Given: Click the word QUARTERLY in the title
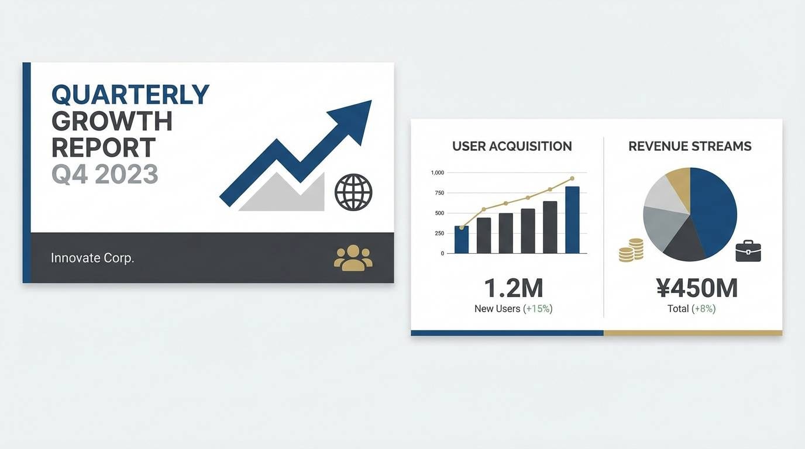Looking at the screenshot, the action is point(130,95).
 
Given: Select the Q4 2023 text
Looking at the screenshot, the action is point(105,174).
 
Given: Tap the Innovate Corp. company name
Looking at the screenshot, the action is point(92,258).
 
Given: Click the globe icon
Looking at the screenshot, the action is point(353,192).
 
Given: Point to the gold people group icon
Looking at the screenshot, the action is point(353,258).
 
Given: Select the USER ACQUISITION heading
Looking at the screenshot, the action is point(512,146).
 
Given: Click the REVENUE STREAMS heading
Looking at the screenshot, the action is point(690,146).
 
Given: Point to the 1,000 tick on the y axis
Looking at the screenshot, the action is point(438,173).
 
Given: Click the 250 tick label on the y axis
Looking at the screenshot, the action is point(439,233).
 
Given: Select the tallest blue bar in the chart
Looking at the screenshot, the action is point(573,220).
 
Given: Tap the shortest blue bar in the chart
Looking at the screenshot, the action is point(462,240).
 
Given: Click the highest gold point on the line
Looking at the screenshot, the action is point(572,178).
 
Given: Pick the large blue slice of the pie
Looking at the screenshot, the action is point(713,212).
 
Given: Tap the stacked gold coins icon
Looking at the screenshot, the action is point(631,250).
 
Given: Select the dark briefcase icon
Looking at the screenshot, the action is point(748,251).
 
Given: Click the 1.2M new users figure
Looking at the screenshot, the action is point(514,288).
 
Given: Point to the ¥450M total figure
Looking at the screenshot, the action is point(697,288).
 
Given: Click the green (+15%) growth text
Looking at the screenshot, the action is point(538,309).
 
